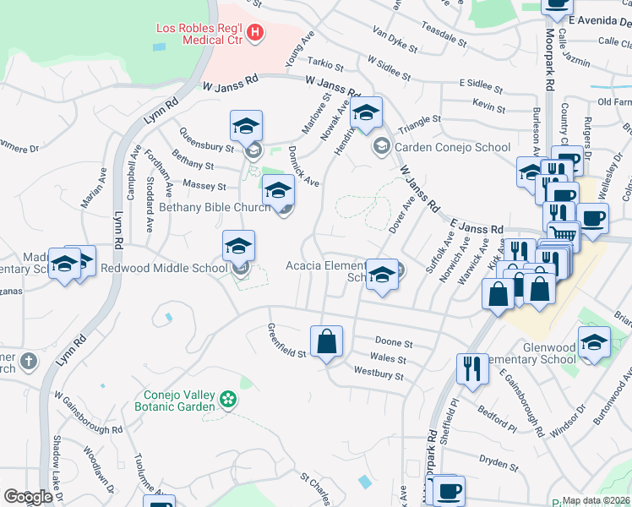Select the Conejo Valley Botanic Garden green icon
point(226,398)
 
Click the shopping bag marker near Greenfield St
point(326,342)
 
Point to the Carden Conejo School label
point(452,147)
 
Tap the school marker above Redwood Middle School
point(238,247)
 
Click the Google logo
point(28,497)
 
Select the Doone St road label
point(394,344)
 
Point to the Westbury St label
point(379,373)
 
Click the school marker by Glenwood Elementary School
point(594,343)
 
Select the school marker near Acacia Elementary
point(382,275)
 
